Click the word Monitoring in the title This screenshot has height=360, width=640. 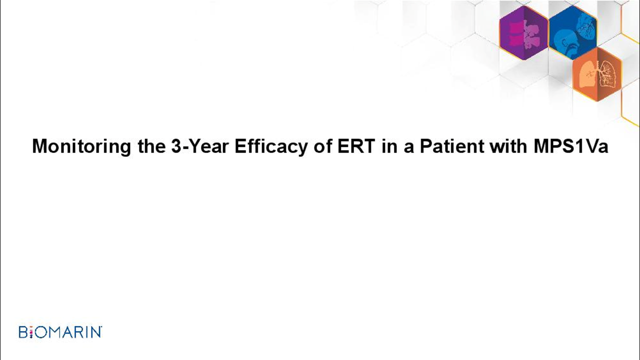tap(81, 147)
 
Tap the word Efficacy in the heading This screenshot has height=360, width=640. tap(271, 147)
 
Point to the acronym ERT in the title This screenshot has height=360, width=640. tap(356, 146)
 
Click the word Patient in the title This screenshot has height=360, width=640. tap(451, 146)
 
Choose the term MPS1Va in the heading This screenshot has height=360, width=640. tap(570, 146)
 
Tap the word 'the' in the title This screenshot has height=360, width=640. tap(151, 146)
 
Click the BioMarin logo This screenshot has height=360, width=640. tap(60, 332)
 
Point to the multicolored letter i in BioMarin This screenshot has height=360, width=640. tap(31, 332)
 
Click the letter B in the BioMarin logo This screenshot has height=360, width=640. tap(23, 332)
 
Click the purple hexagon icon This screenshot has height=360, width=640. tap(523, 33)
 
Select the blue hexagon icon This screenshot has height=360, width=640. tap(573, 32)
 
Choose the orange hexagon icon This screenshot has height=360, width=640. tap(597, 74)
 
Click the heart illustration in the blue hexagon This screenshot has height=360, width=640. tap(585, 26)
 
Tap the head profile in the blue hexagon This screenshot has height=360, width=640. tap(565, 43)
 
